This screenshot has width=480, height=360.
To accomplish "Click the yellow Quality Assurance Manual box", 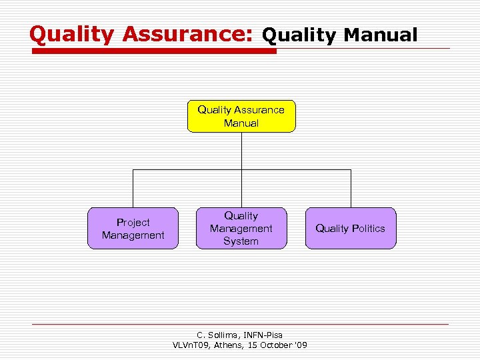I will point(241,117).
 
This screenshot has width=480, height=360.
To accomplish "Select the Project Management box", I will point(133,229).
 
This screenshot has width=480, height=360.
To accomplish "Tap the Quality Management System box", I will point(241,229).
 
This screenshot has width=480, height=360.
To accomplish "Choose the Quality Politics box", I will point(350,229).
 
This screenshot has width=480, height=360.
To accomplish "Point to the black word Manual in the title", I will point(380,35).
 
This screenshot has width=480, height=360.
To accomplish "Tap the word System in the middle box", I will point(241,241).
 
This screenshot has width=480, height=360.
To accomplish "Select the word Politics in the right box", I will point(368,229).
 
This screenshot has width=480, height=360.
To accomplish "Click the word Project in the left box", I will point(133,222).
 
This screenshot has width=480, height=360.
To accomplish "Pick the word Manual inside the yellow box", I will point(241,123).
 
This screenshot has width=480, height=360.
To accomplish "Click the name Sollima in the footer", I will point(222,335).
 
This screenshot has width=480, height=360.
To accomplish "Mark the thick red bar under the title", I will point(153,51).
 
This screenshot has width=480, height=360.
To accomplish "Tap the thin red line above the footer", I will point(240,324).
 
